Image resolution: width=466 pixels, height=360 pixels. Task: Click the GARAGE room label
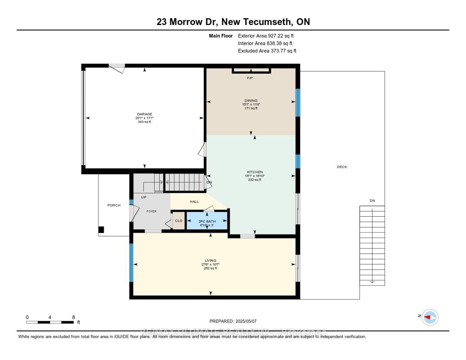coord(145,114)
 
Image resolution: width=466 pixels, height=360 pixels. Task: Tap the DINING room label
coord(251,101)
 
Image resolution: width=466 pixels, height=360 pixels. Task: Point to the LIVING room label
coord(210,261)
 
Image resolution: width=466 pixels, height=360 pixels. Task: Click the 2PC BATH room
coord(207,221)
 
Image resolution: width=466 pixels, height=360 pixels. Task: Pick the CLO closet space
coord(178,221)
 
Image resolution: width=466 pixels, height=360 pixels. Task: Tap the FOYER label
coord(151,211)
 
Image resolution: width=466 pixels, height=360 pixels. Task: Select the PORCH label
coord(114,205)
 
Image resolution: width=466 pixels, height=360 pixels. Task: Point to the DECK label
coord(342,167)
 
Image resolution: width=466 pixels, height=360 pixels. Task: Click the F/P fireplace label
coord(249,78)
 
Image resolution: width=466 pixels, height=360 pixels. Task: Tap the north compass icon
coord(430,317)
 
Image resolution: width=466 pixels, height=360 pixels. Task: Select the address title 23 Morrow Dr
coord(233,22)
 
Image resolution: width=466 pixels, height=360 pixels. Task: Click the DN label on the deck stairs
coord(372,201)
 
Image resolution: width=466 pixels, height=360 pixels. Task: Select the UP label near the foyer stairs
coord(143,197)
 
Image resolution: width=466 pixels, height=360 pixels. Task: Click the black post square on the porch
coord(101,229)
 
